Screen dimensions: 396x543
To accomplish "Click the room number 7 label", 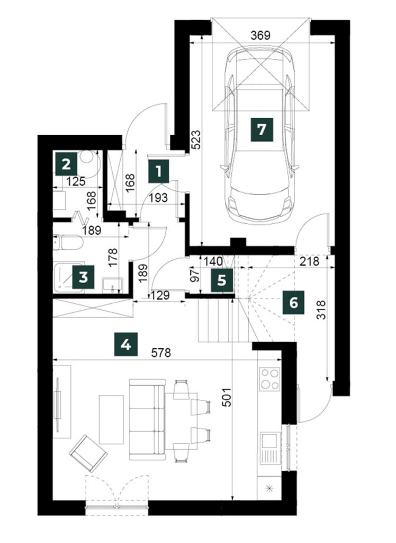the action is pyautogui.click(x=262, y=129).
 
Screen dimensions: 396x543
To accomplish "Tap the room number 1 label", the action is pyautogui.click(x=159, y=171).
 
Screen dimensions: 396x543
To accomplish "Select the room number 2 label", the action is pyautogui.click(x=66, y=164).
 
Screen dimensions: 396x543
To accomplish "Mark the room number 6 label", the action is pyautogui.click(x=294, y=303).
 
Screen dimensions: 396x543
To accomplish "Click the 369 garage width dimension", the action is pyautogui.click(x=260, y=36).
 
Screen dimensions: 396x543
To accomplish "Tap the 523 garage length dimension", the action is pyautogui.click(x=196, y=139).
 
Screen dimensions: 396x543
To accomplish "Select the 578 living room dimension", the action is pyautogui.click(x=161, y=353).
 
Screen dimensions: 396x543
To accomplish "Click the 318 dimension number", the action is pyautogui.click(x=321, y=310).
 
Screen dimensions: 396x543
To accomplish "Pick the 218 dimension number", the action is pyautogui.click(x=309, y=261).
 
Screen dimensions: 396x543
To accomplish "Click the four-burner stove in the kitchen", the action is pyautogui.click(x=269, y=379).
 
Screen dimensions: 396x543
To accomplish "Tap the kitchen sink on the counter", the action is pyautogui.click(x=269, y=448).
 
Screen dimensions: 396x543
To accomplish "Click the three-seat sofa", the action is pyautogui.click(x=147, y=419).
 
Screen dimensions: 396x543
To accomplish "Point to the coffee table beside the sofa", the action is pyautogui.click(x=111, y=419).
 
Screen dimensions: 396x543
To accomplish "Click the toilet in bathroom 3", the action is pyautogui.click(x=68, y=243).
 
